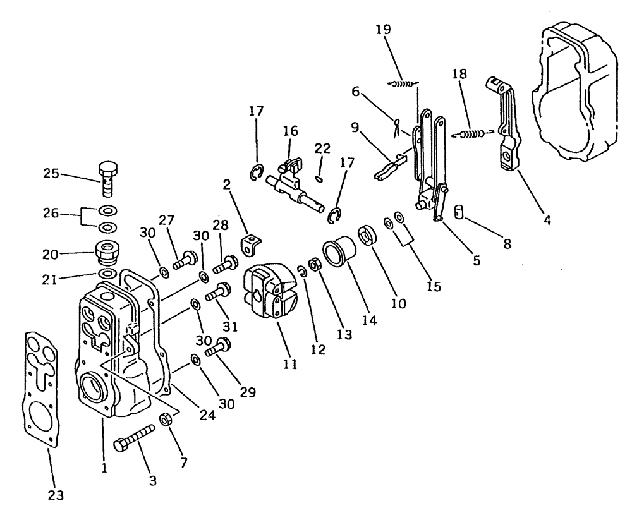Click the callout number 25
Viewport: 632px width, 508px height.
point(51,172)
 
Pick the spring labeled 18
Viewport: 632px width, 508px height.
point(474,133)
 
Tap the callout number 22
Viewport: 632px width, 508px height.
point(322,148)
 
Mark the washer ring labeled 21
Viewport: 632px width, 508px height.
point(107,274)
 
